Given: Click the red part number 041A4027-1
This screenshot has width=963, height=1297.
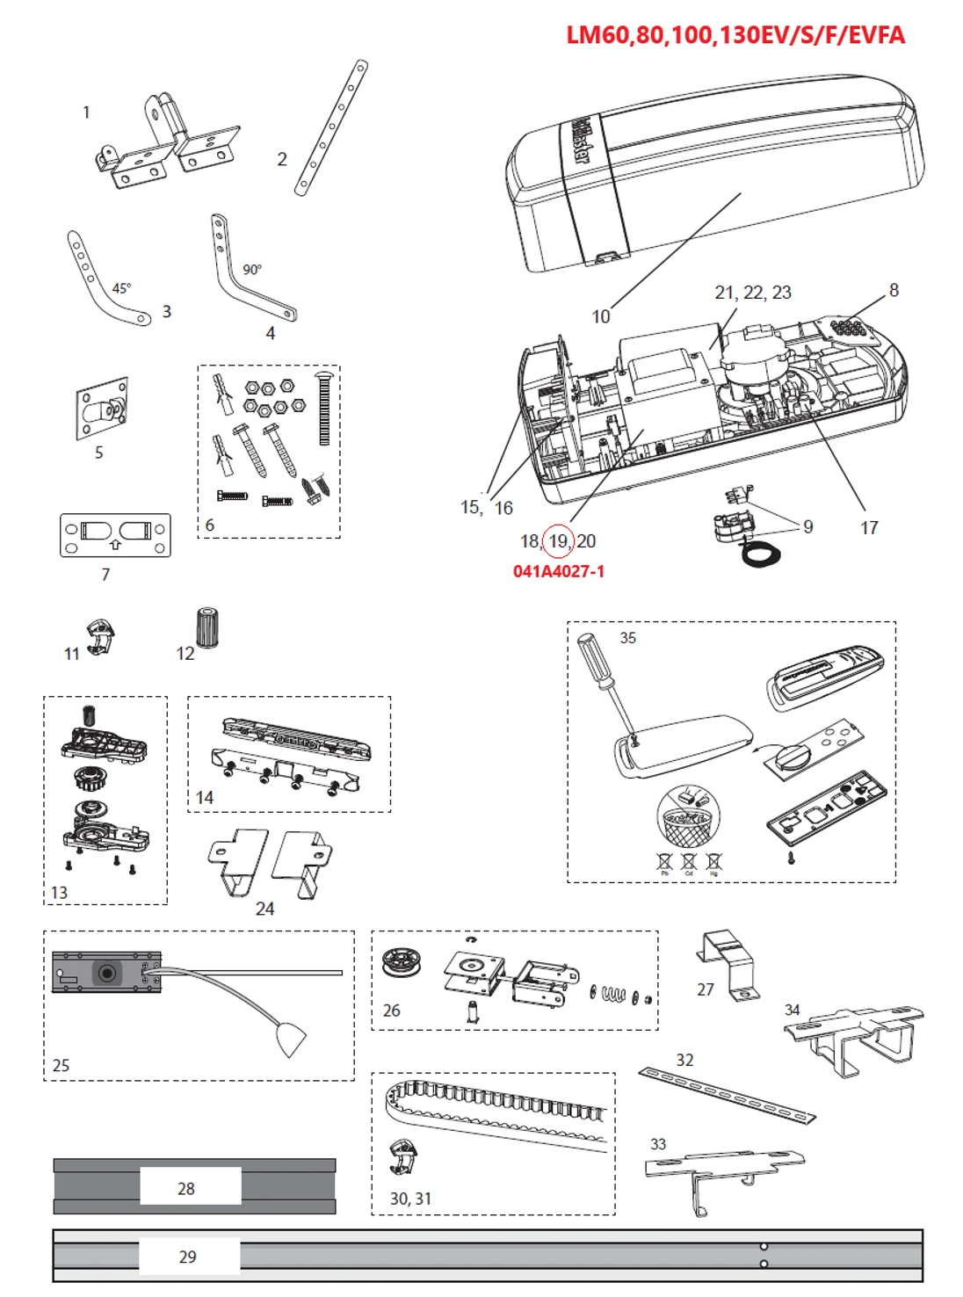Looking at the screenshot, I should [558, 571].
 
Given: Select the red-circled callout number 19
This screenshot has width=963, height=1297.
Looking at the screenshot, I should [558, 540].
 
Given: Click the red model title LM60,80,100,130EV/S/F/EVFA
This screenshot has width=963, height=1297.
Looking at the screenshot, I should [735, 35].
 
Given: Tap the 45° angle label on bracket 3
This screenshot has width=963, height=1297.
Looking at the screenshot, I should [121, 288].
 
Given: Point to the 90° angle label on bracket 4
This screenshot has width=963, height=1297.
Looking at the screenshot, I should [252, 270].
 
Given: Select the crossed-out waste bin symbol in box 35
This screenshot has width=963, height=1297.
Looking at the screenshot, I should [687, 817].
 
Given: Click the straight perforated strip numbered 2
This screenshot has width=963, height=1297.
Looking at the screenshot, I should [331, 127].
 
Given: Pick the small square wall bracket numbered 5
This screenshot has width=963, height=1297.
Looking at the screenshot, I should [103, 409].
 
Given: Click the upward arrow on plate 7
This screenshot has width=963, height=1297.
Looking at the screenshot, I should [115, 545].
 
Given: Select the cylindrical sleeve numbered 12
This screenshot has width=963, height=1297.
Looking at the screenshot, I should [207, 627].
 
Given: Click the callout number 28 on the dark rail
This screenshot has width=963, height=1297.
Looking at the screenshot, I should [186, 1189].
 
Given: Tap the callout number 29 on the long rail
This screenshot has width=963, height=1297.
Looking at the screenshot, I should [187, 1257].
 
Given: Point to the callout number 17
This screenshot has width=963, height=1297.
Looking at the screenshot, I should [868, 528].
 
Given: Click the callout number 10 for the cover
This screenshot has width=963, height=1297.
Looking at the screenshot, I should [600, 316].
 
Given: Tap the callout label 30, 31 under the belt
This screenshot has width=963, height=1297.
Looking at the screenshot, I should [410, 1199].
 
